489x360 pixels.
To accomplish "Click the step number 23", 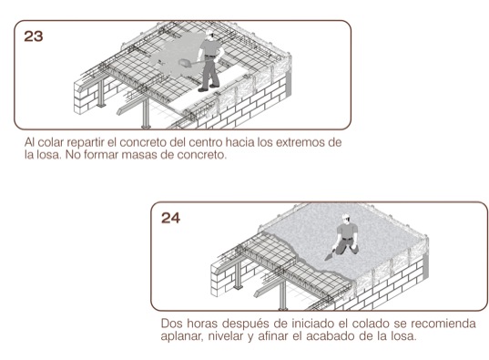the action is click(34, 36).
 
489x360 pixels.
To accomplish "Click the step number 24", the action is click(170, 218).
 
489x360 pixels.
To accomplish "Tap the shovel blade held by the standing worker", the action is click(184, 64).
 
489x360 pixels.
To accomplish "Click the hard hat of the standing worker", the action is click(209, 32).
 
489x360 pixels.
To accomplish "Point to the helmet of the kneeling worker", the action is click(345, 217).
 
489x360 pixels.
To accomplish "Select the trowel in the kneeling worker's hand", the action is click(329, 256).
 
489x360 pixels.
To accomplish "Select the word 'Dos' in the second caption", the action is click(170, 324).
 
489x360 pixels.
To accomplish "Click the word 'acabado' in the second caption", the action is click(330, 336).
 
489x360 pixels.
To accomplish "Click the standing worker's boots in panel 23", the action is click(209, 88).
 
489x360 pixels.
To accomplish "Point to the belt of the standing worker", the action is click(210, 57).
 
